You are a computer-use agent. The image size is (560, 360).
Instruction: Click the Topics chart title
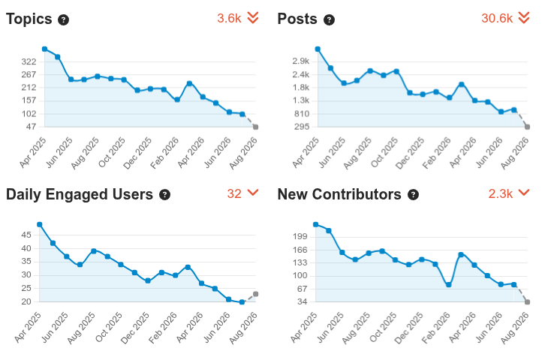tap(29, 19)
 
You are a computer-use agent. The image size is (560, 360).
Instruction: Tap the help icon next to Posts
tap(329, 20)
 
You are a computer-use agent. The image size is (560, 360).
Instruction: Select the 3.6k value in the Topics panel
tap(229, 18)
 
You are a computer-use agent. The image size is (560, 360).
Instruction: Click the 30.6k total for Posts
tap(497, 18)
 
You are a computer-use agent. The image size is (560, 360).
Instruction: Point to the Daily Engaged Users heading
tap(80, 194)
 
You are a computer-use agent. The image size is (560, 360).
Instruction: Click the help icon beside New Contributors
tap(413, 195)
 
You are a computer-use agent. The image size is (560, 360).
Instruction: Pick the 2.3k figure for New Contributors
tap(501, 193)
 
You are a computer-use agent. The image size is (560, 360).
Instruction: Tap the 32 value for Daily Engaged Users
tap(234, 193)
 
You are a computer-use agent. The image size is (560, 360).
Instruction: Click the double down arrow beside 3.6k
tap(253, 17)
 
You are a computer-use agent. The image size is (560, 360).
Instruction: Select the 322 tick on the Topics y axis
tap(29, 61)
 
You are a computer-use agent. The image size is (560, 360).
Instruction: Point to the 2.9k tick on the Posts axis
tap(301, 61)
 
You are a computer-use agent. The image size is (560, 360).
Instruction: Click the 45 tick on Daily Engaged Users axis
tap(26, 235)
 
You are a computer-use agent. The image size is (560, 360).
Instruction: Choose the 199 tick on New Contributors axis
tap(300, 236)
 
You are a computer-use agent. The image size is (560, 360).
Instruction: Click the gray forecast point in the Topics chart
tap(256, 127)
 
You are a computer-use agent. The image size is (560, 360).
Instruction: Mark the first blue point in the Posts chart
tap(318, 49)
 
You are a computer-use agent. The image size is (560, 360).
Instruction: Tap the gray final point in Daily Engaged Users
tap(256, 294)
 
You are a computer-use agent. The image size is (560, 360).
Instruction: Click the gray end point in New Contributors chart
tap(528, 301)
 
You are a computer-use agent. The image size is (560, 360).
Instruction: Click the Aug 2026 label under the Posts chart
tap(515, 153)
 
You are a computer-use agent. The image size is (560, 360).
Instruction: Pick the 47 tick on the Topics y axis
tap(31, 127)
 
